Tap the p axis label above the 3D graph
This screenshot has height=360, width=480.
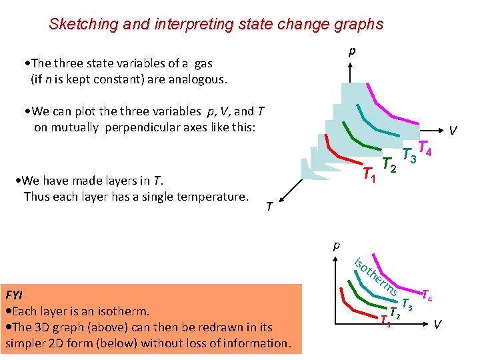(x=352, y=51)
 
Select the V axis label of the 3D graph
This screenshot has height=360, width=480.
(x=453, y=131)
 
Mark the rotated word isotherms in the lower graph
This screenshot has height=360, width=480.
(x=377, y=277)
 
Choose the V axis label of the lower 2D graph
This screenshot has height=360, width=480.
(x=437, y=325)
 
